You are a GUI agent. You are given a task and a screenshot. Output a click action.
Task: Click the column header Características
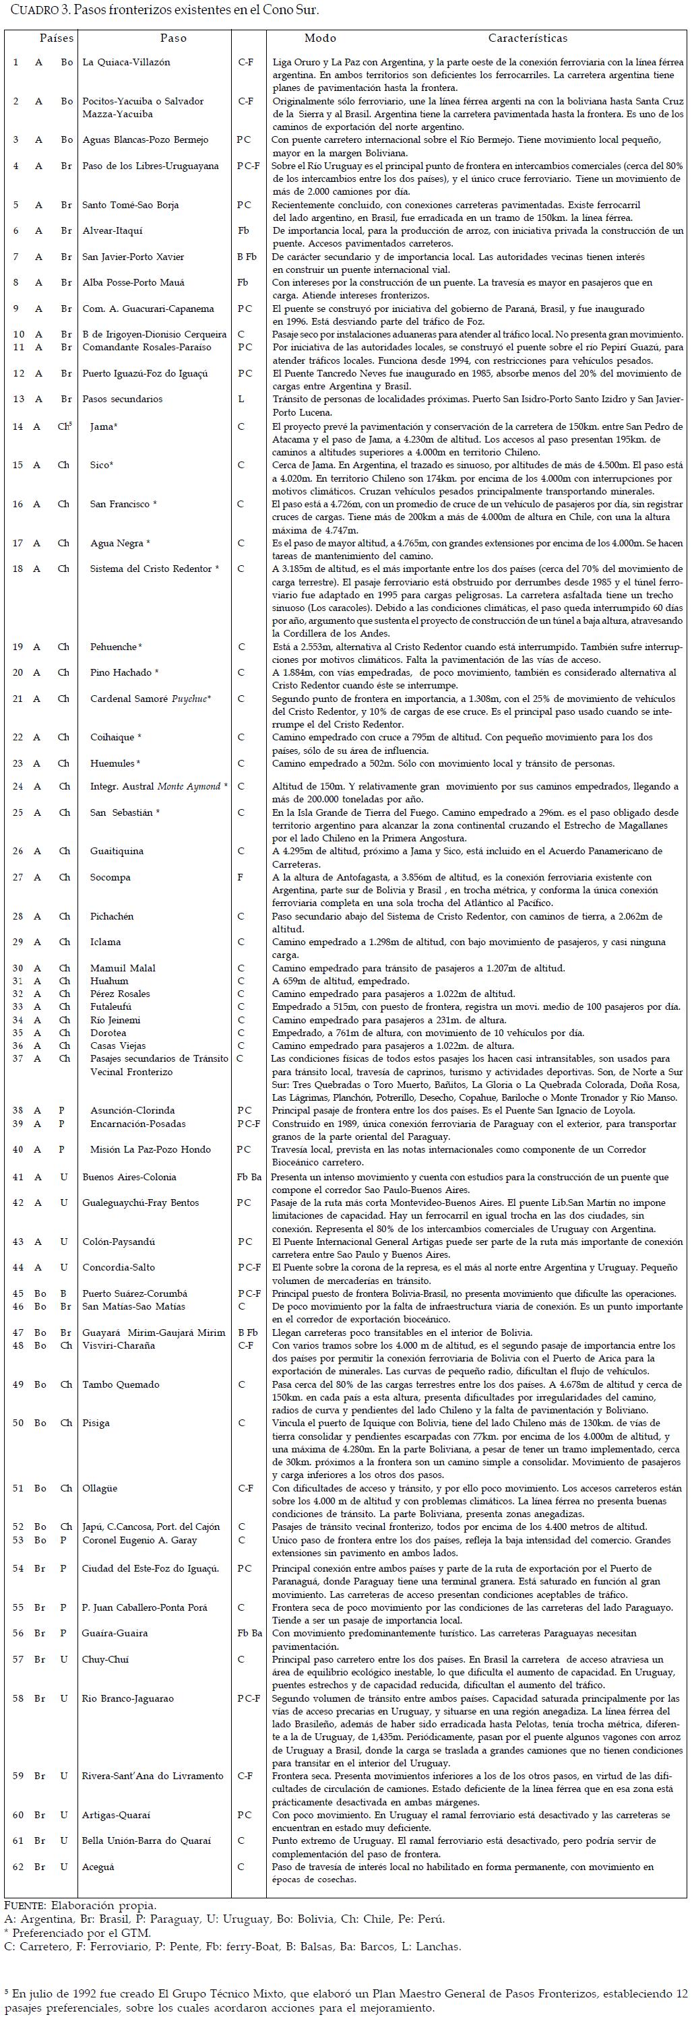tap(527, 38)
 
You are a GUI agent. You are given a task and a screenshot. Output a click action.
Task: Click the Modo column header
tap(320, 38)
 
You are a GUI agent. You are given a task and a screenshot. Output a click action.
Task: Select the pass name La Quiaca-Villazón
tap(126, 62)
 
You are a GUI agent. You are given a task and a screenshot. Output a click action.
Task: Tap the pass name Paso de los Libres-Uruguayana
tap(151, 166)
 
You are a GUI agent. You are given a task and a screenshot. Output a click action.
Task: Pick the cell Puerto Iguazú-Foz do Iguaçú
tap(145, 373)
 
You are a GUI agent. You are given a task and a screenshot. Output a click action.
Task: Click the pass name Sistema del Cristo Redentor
tap(154, 569)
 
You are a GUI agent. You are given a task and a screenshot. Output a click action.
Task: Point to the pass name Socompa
tap(110, 877)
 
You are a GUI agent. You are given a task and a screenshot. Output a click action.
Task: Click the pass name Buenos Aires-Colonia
tap(129, 1177)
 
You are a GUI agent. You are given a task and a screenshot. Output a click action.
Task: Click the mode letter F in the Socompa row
tap(240, 877)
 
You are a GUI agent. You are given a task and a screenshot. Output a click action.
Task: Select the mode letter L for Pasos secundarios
tap(241, 399)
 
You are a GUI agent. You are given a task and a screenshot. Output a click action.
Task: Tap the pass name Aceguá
tap(100, 1867)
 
